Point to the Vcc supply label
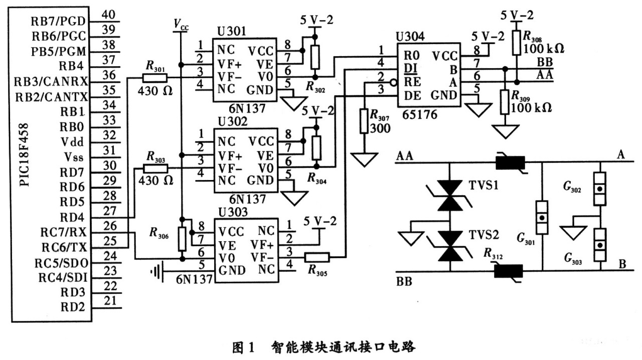(x=181, y=24)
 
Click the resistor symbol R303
(x=155, y=168)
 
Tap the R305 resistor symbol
(x=316, y=258)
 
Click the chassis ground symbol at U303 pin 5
(x=157, y=271)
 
